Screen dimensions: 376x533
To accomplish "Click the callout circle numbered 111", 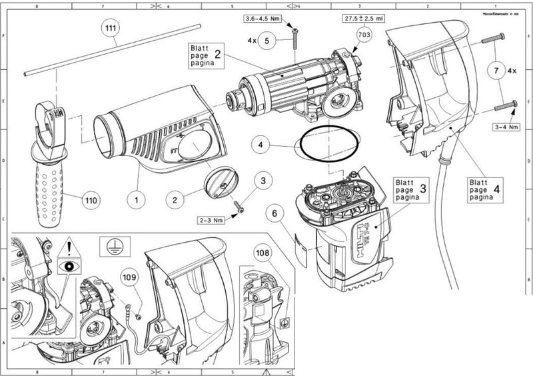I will (x=111, y=29).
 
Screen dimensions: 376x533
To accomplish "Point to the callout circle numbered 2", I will (x=175, y=198).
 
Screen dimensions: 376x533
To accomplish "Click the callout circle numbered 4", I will (x=261, y=143).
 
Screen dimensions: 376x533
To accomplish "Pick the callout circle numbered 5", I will (x=266, y=40).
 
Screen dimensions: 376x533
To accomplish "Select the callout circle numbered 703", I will (x=364, y=33).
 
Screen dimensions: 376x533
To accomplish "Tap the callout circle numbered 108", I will (x=265, y=253).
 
